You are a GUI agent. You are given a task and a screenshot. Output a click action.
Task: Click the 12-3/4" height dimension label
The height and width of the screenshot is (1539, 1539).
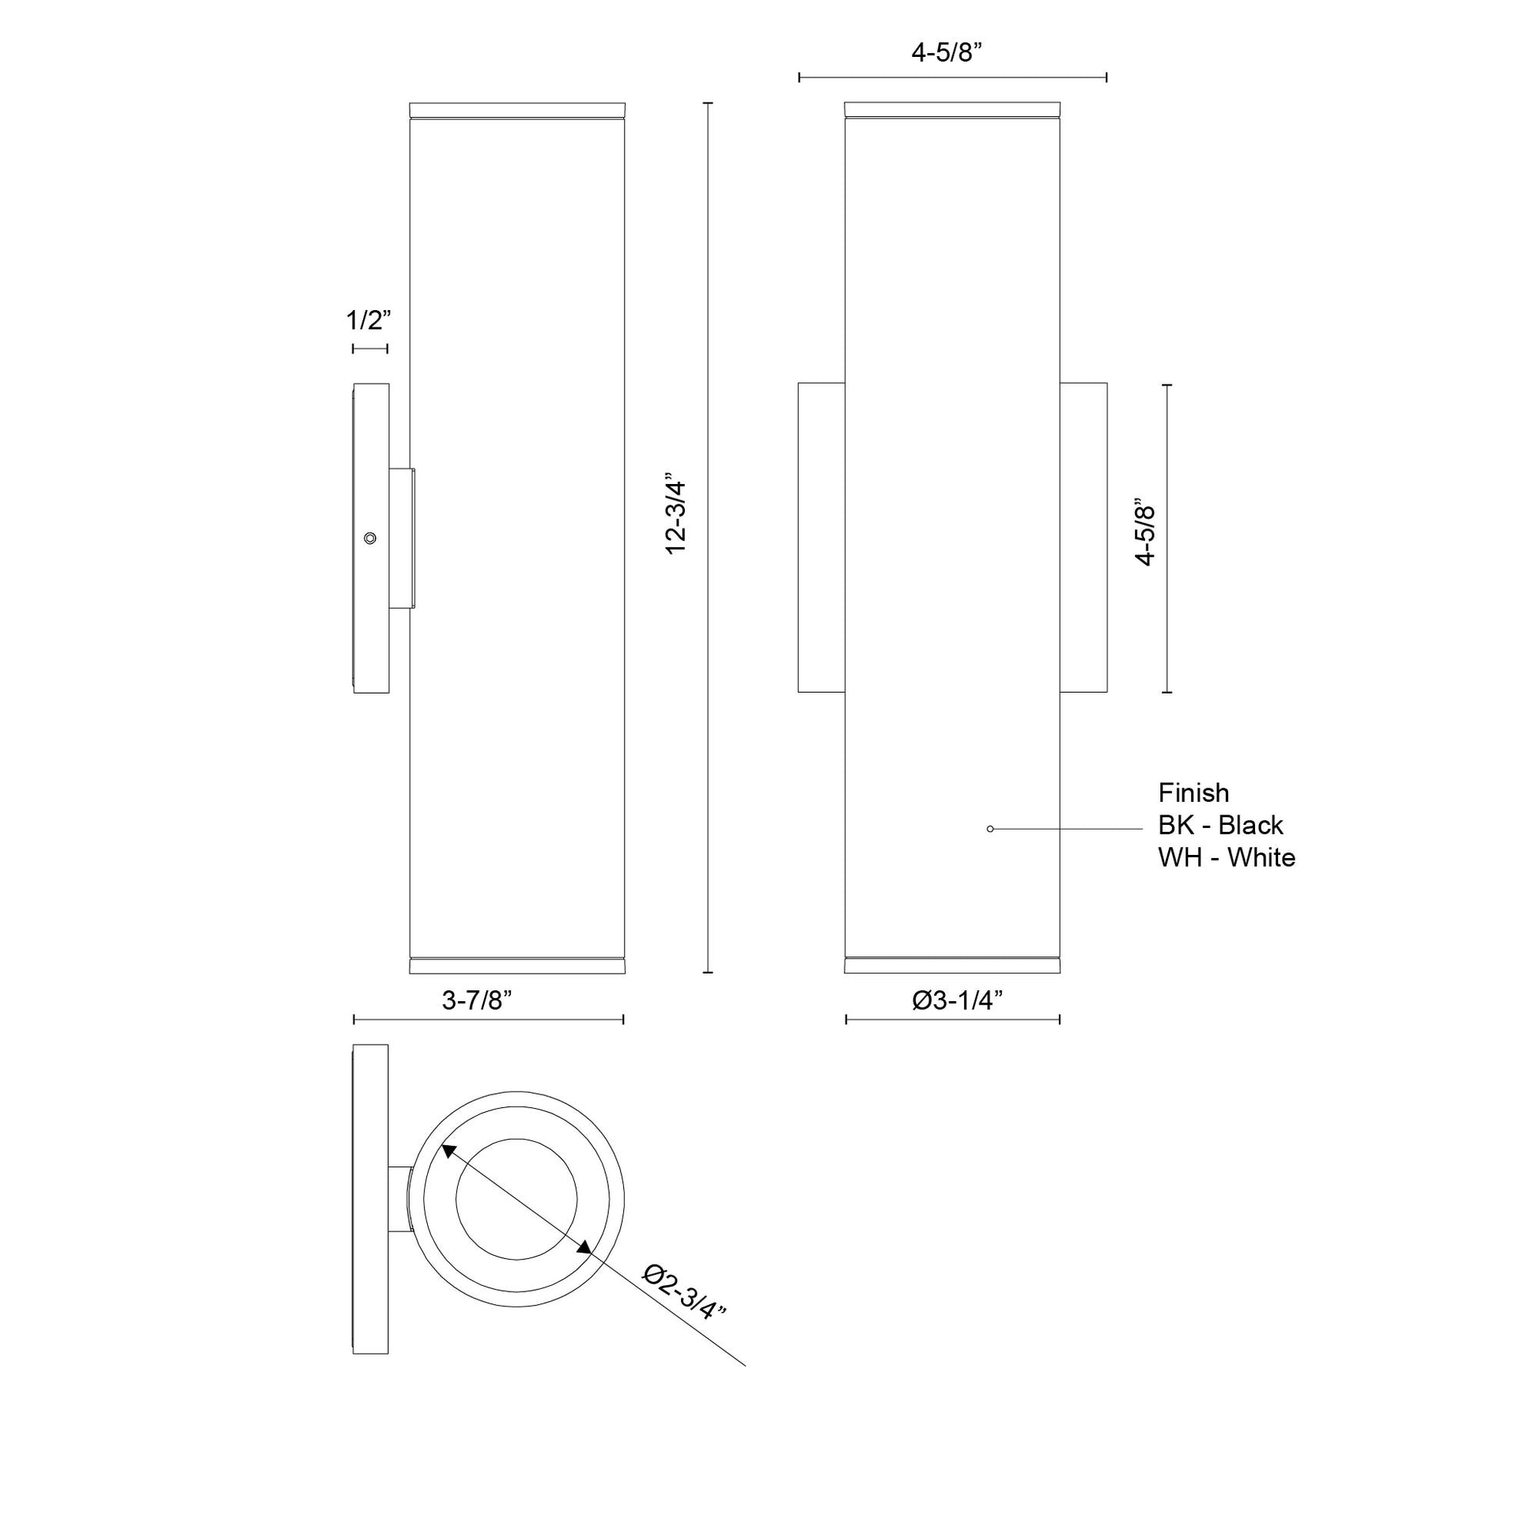[x=675, y=518]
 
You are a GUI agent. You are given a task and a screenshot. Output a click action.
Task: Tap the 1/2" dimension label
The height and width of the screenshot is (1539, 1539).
[x=369, y=320]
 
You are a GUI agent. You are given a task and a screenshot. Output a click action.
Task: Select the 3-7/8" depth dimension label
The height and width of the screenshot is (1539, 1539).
[x=476, y=1000]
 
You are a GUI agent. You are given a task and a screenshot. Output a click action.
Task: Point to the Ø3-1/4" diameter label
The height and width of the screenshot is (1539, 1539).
[x=957, y=1000]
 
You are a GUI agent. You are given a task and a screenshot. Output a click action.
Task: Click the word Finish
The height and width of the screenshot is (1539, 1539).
[x=1193, y=792]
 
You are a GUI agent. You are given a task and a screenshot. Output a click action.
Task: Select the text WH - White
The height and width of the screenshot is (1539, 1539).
[x=1227, y=857]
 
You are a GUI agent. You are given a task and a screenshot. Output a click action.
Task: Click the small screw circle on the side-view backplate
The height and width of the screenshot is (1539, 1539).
[x=369, y=539]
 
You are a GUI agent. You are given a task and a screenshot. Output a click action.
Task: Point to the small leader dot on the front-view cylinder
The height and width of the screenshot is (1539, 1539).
[x=990, y=830]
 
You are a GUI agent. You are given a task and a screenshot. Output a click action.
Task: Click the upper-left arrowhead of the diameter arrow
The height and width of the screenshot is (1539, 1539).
[x=448, y=1151]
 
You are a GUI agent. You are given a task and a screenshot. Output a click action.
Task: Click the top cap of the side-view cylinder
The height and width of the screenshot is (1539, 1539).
[x=517, y=110]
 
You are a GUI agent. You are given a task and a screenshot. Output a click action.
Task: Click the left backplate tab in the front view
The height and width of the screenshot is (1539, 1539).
[x=821, y=538]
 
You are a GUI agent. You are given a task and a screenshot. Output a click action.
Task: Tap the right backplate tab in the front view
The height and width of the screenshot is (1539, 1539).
[x=1083, y=538]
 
